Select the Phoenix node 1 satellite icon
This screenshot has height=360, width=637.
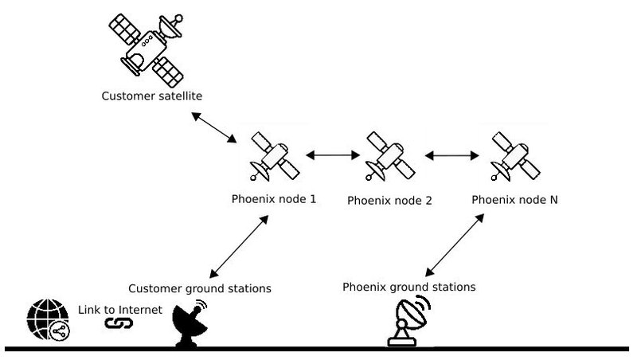(x=272, y=155)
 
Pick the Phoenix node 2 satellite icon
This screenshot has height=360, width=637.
(x=390, y=155)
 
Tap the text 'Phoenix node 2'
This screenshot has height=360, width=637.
(x=389, y=201)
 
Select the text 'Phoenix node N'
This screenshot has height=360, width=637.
(x=514, y=199)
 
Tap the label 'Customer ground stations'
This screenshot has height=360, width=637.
(x=200, y=288)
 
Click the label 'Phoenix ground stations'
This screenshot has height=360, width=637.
(x=409, y=286)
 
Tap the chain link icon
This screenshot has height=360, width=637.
(x=118, y=323)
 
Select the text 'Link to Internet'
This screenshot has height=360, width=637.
(x=120, y=309)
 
